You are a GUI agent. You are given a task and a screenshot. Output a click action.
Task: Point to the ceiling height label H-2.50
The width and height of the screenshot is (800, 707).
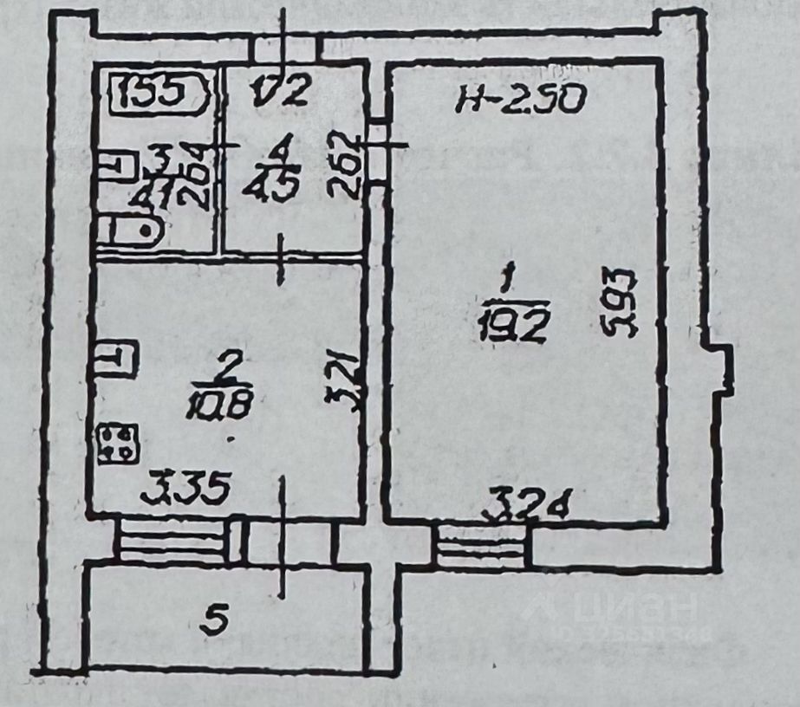pos(522,99)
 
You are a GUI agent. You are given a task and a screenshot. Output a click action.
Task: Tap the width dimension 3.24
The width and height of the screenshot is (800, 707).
pos(528,503)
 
